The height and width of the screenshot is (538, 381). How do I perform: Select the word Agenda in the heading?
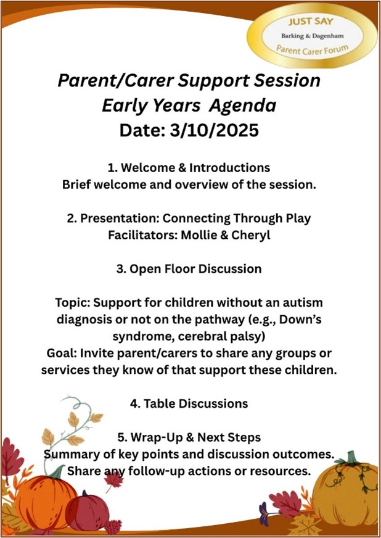pyautogui.click(x=242, y=106)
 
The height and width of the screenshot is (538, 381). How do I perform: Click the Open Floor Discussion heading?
pyautogui.click(x=189, y=269)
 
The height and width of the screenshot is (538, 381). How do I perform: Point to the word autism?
pyautogui.click(x=301, y=302)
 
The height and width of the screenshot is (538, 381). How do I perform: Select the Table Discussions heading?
pyautogui.click(x=189, y=403)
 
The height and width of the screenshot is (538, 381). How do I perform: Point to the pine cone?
pyautogui.click(x=113, y=527)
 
